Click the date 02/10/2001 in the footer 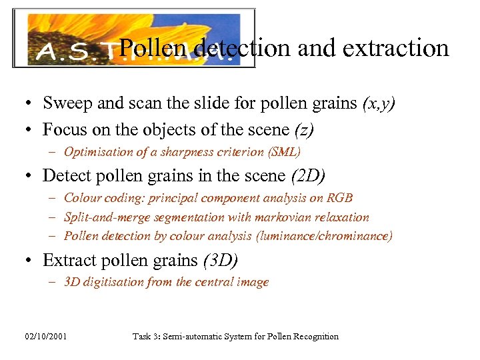point(47,337)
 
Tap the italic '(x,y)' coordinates point(379,103)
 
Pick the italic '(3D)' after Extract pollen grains point(220,259)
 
